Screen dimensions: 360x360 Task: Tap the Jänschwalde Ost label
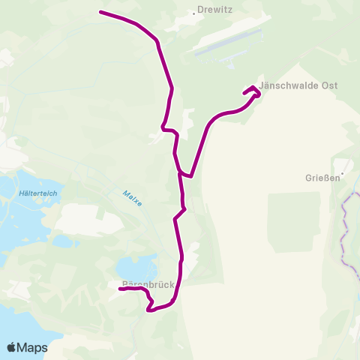point(298,85)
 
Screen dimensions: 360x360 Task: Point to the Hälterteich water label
point(35,193)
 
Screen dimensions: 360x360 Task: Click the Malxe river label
point(132,198)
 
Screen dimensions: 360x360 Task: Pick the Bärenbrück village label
point(148,285)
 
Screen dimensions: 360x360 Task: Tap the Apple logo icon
point(12,347)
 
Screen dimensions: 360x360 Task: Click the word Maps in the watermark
point(32,347)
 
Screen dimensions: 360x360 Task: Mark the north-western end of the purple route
point(100,12)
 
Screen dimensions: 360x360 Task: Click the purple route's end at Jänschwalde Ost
point(244,93)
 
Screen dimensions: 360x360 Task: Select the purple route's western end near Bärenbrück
point(121,289)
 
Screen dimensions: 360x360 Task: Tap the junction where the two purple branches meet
point(181,175)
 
